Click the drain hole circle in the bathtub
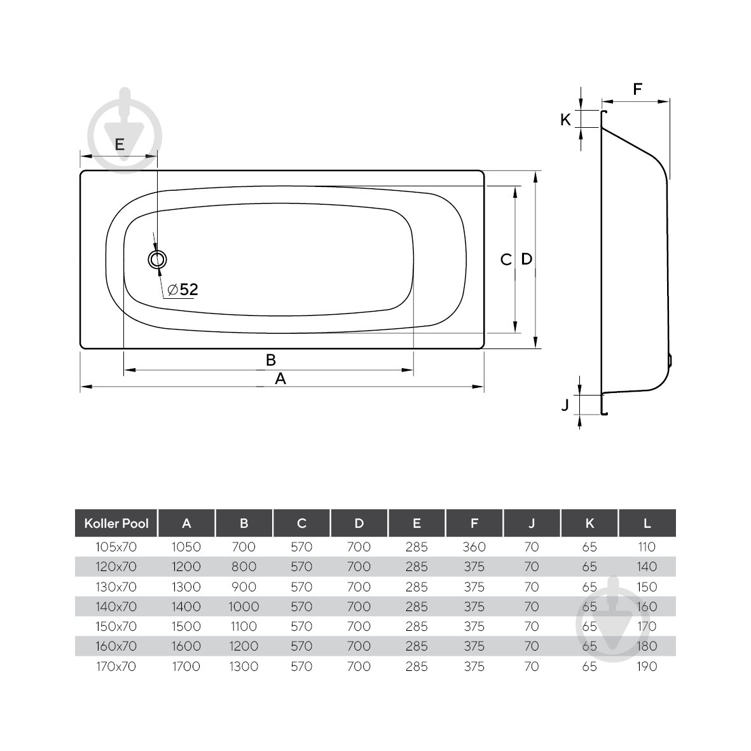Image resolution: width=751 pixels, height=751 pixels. [157, 259]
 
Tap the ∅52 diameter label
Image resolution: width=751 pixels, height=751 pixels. [183, 290]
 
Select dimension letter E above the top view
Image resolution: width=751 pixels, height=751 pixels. [119, 144]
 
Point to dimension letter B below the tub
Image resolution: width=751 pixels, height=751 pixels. [270, 360]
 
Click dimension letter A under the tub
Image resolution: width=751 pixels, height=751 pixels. [280, 379]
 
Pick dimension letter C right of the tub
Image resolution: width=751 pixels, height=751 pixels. [506, 259]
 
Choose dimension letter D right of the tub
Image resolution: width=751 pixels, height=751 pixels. [527, 259]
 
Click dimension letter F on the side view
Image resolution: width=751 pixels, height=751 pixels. [637, 90]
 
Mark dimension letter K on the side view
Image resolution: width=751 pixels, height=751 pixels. [565, 119]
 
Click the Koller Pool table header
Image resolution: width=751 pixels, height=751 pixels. [116, 523]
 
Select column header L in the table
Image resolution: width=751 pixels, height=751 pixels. [647, 523]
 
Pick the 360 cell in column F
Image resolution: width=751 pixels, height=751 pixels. [474, 547]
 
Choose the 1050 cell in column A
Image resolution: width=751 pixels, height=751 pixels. [186, 547]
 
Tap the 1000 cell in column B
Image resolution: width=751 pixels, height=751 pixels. [244, 607]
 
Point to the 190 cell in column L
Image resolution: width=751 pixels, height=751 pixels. [647, 666]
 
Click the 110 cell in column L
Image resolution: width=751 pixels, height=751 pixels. [647, 547]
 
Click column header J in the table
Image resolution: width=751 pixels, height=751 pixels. [532, 523]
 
